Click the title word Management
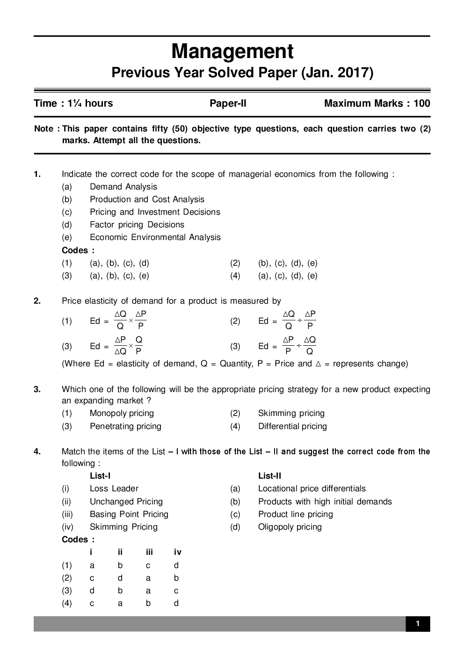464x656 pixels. [x=232, y=51]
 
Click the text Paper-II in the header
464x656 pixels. [x=228, y=103]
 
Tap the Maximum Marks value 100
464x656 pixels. [x=421, y=103]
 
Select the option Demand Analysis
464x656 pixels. [x=123, y=187]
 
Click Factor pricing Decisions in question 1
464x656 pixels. [x=137, y=225]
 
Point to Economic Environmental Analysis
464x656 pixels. [x=155, y=237]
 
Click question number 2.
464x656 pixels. [x=37, y=301]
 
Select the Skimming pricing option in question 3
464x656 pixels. [x=291, y=413]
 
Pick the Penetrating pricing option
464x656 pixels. [x=125, y=426]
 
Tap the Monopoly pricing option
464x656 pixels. [x=122, y=413]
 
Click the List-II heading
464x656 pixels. [x=269, y=476]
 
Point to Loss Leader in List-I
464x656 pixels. [x=114, y=488]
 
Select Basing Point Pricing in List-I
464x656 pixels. [x=129, y=514]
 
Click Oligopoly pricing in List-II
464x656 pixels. [x=290, y=527]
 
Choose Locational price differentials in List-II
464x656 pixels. [x=312, y=488]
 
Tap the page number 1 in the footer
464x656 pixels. [x=417, y=623]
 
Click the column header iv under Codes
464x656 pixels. [x=177, y=552]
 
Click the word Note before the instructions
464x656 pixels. [x=44, y=129]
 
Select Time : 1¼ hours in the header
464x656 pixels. [x=73, y=103]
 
